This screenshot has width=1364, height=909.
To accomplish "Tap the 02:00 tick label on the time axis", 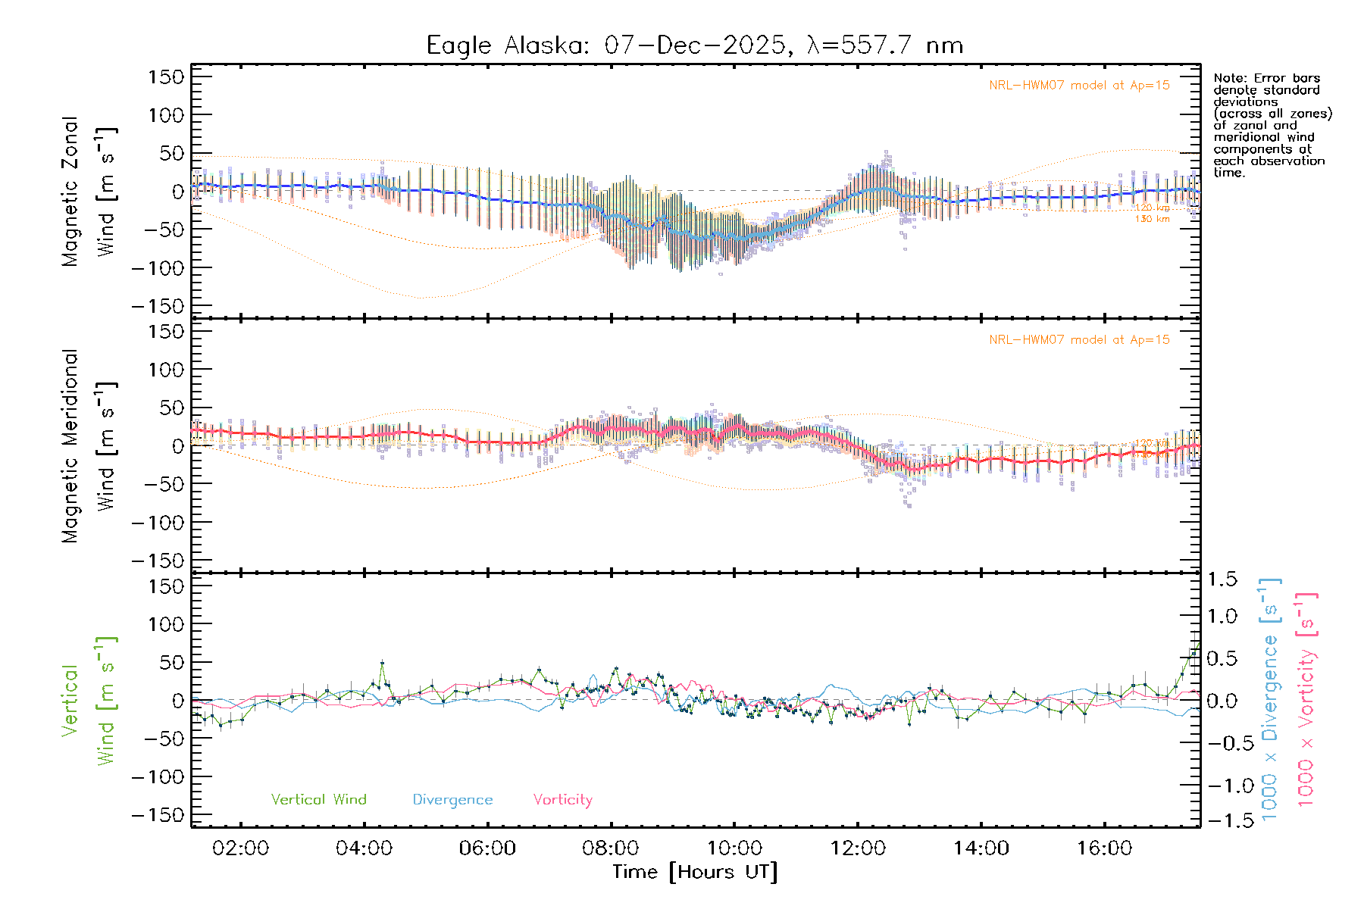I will (240, 848).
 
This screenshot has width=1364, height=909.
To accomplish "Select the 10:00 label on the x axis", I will (734, 848).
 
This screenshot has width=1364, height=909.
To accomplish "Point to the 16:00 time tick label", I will (1104, 848).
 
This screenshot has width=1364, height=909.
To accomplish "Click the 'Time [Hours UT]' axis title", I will (694, 872).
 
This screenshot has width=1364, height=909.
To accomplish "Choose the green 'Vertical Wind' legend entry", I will (318, 800).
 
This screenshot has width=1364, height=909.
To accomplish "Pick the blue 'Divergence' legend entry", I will (452, 800).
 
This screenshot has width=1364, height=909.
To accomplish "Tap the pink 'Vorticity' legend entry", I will (562, 800).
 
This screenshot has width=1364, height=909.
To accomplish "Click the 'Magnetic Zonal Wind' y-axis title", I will (89, 191).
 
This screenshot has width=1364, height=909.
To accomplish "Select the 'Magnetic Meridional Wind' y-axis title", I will (89, 445).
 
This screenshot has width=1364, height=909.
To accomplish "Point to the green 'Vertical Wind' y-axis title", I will (89, 701).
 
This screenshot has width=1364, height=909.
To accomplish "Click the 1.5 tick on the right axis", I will (1222, 579).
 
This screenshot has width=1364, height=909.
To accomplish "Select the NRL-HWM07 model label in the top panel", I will (1079, 86).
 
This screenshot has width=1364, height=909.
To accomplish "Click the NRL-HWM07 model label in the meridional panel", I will (1079, 340).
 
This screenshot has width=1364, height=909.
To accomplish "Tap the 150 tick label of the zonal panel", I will (166, 77).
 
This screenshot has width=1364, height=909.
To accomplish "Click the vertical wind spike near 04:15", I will (382, 663).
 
